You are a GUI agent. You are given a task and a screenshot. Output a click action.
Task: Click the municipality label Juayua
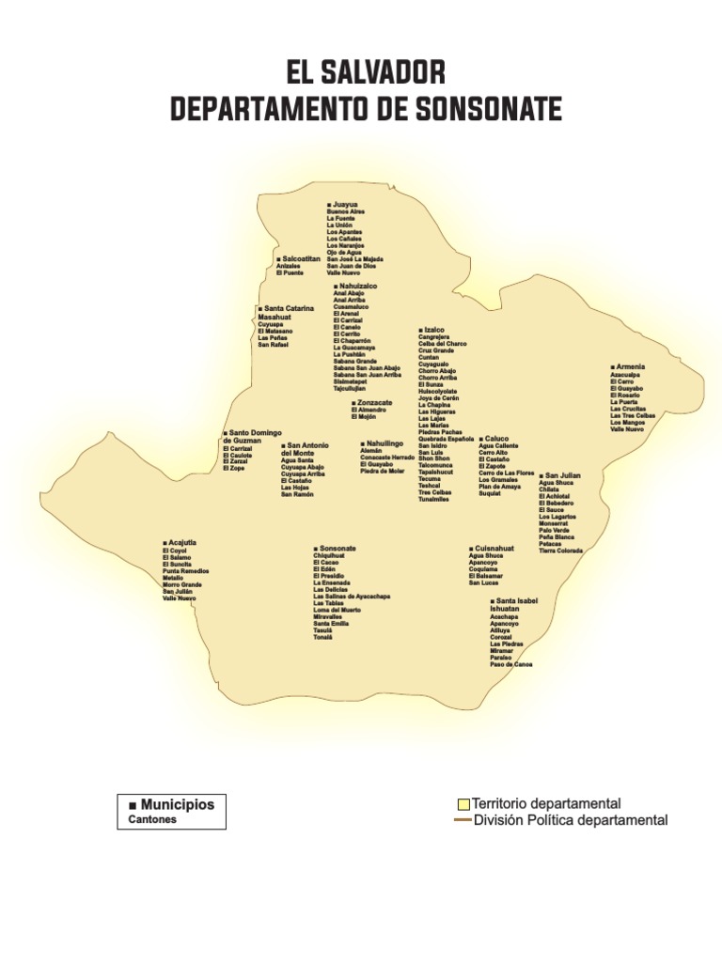(x=345, y=204)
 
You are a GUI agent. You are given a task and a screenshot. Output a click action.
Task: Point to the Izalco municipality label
(x=434, y=331)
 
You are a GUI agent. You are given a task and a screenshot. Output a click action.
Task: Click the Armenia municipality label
(x=630, y=366)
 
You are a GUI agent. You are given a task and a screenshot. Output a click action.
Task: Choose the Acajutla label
(x=181, y=543)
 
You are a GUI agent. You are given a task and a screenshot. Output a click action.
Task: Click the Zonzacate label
(x=374, y=403)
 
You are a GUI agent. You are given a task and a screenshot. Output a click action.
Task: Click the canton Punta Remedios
(x=185, y=571)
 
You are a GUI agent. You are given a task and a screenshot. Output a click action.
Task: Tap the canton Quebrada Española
(x=446, y=439)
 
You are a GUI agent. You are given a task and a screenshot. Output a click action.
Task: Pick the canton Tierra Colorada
(x=560, y=551)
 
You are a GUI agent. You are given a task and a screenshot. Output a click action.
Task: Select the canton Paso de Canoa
(x=510, y=664)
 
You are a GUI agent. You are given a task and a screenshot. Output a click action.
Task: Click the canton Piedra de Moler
(x=382, y=471)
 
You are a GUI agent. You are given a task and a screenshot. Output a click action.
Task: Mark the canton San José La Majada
(x=355, y=259)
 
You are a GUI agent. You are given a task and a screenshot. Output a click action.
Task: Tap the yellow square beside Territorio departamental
(x=463, y=804)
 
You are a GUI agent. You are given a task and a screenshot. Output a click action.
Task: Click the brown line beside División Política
(x=463, y=820)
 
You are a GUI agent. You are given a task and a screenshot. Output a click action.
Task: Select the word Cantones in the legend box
(x=152, y=819)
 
